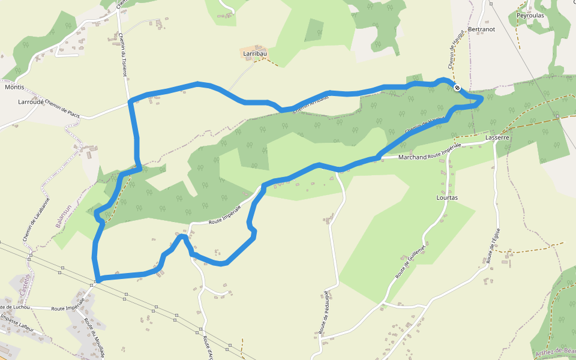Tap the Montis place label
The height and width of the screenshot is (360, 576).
click(x=14, y=87)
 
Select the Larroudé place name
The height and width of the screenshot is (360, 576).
click(x=31, y=102)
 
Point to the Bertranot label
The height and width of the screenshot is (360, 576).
click(x=481, y=29)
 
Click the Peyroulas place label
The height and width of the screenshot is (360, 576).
click(x=530, y=16)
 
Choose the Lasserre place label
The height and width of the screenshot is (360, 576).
click(x=497, y=137)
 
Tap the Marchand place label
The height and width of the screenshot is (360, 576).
click(x=413, y=157)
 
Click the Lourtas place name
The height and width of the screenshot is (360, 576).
click(x=447, y=197)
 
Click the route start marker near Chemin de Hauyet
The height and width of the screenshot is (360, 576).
click(x=457, y=88)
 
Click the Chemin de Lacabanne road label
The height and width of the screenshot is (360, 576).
click(x=36, y=220)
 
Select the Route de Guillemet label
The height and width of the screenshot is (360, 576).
click(x=410, y=262)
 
